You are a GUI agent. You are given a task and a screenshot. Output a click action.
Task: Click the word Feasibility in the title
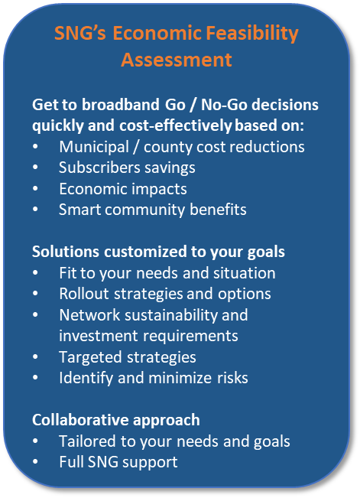point(252,34)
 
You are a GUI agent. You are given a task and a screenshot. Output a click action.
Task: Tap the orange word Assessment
point(177,60)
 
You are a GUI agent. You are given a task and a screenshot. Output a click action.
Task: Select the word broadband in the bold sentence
point(121,105)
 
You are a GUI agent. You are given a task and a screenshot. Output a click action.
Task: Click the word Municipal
point(94,148)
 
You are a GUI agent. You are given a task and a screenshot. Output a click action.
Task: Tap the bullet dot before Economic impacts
point(35,189)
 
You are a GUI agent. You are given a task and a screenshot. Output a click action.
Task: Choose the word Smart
point(79,210)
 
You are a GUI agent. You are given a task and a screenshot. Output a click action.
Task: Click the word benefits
point(218,210)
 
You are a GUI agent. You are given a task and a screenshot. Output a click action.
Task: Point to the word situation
point(244,273)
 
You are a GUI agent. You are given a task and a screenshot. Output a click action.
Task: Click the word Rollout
point(84,294)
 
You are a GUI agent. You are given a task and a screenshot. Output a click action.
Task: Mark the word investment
point(99,336)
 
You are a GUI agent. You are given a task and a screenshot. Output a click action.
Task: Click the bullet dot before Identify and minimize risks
point(35,378)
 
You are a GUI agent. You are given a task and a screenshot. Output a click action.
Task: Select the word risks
point(232,378)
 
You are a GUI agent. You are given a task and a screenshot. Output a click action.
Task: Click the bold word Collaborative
point(80,420)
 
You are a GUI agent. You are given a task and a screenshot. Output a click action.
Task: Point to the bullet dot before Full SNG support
point(35,462)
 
